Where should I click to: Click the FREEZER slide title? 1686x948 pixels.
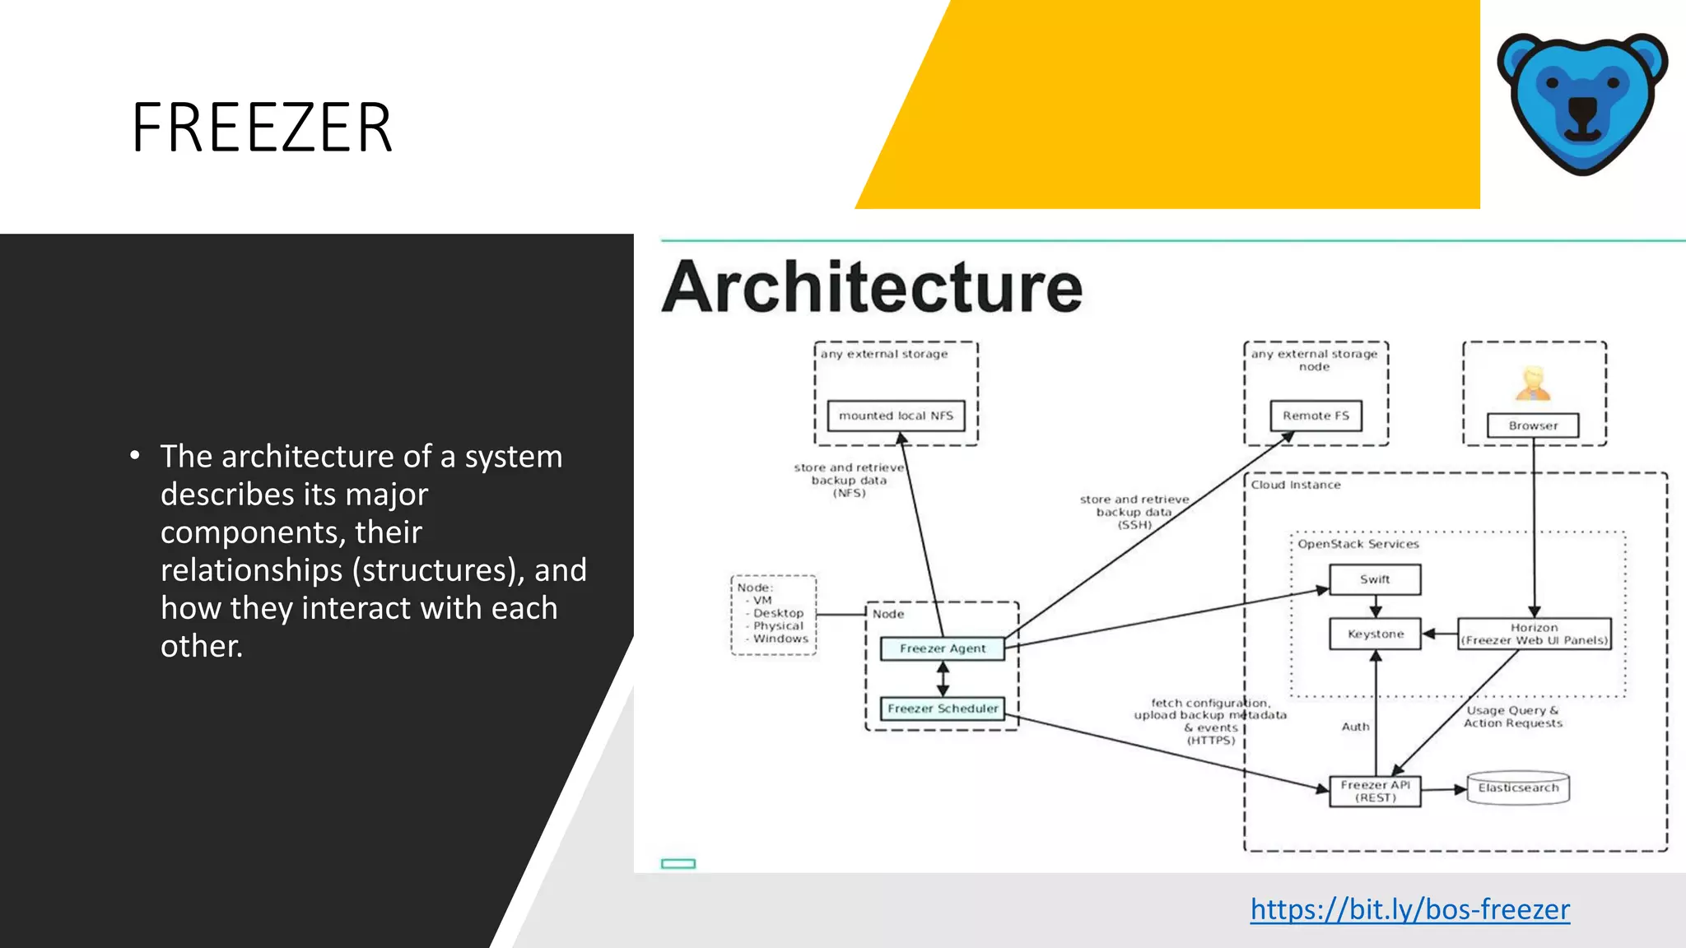[262, 128]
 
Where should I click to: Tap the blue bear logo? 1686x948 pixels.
[1582, 102]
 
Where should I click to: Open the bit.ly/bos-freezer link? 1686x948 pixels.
[1409, 909]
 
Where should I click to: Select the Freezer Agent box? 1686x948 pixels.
[943, 648]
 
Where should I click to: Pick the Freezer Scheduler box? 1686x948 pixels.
[943, 709]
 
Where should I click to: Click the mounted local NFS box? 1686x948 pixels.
[896, 416]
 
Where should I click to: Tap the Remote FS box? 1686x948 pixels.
[1316, 416]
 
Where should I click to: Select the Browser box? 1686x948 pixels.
[1533, 425]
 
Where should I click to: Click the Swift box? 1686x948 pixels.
[1375, 579]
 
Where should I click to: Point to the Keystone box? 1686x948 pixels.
[1375, 634]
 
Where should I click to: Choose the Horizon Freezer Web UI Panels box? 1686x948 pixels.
[1534, 634]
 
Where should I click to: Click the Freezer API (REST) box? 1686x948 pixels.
[1375, 791]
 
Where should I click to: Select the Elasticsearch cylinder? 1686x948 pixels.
[1518, 788]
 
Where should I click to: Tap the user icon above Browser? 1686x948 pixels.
[1533, 383]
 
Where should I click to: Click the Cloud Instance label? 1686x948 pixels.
[1296, 485]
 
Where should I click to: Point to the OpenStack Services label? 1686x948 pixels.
[1358, 544]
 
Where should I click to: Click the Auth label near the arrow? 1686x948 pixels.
[1355, 727]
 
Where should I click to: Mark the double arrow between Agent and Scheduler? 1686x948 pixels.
[943, 679]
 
